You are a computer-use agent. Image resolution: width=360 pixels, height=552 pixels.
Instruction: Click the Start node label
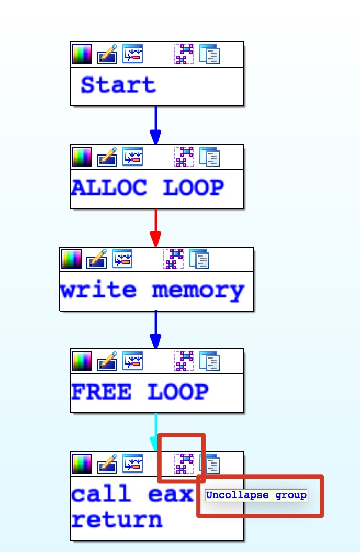point(118,85)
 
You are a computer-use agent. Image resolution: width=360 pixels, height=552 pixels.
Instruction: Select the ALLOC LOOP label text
point(147,187)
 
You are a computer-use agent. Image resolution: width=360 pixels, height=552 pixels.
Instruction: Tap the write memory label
point(152,290)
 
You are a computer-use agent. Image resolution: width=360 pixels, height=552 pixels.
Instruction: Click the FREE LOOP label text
point(140,392)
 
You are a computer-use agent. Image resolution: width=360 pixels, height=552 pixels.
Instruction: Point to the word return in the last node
point(117,521)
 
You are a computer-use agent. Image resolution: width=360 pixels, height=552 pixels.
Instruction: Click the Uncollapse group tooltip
point(256,495)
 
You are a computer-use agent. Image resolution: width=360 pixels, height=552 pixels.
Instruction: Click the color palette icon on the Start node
point(82,54)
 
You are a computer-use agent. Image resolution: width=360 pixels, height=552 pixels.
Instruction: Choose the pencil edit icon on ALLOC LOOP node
point(107,157)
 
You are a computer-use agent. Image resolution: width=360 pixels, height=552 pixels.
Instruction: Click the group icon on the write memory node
point(174,259)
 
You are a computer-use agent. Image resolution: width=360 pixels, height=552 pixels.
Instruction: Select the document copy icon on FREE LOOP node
point(210,361)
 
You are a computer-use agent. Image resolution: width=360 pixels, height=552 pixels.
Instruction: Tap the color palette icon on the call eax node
point(82,463)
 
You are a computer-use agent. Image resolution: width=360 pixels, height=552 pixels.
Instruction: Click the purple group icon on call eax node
point(184,463)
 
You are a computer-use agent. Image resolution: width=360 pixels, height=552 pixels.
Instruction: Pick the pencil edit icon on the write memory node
point(97,259)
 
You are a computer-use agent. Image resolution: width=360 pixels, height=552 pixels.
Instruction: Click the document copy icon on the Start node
point(210,54)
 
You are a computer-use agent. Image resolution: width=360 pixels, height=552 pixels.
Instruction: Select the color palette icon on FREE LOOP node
point(82,361)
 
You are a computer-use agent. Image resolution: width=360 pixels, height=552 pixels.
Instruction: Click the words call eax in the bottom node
point(132,494)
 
